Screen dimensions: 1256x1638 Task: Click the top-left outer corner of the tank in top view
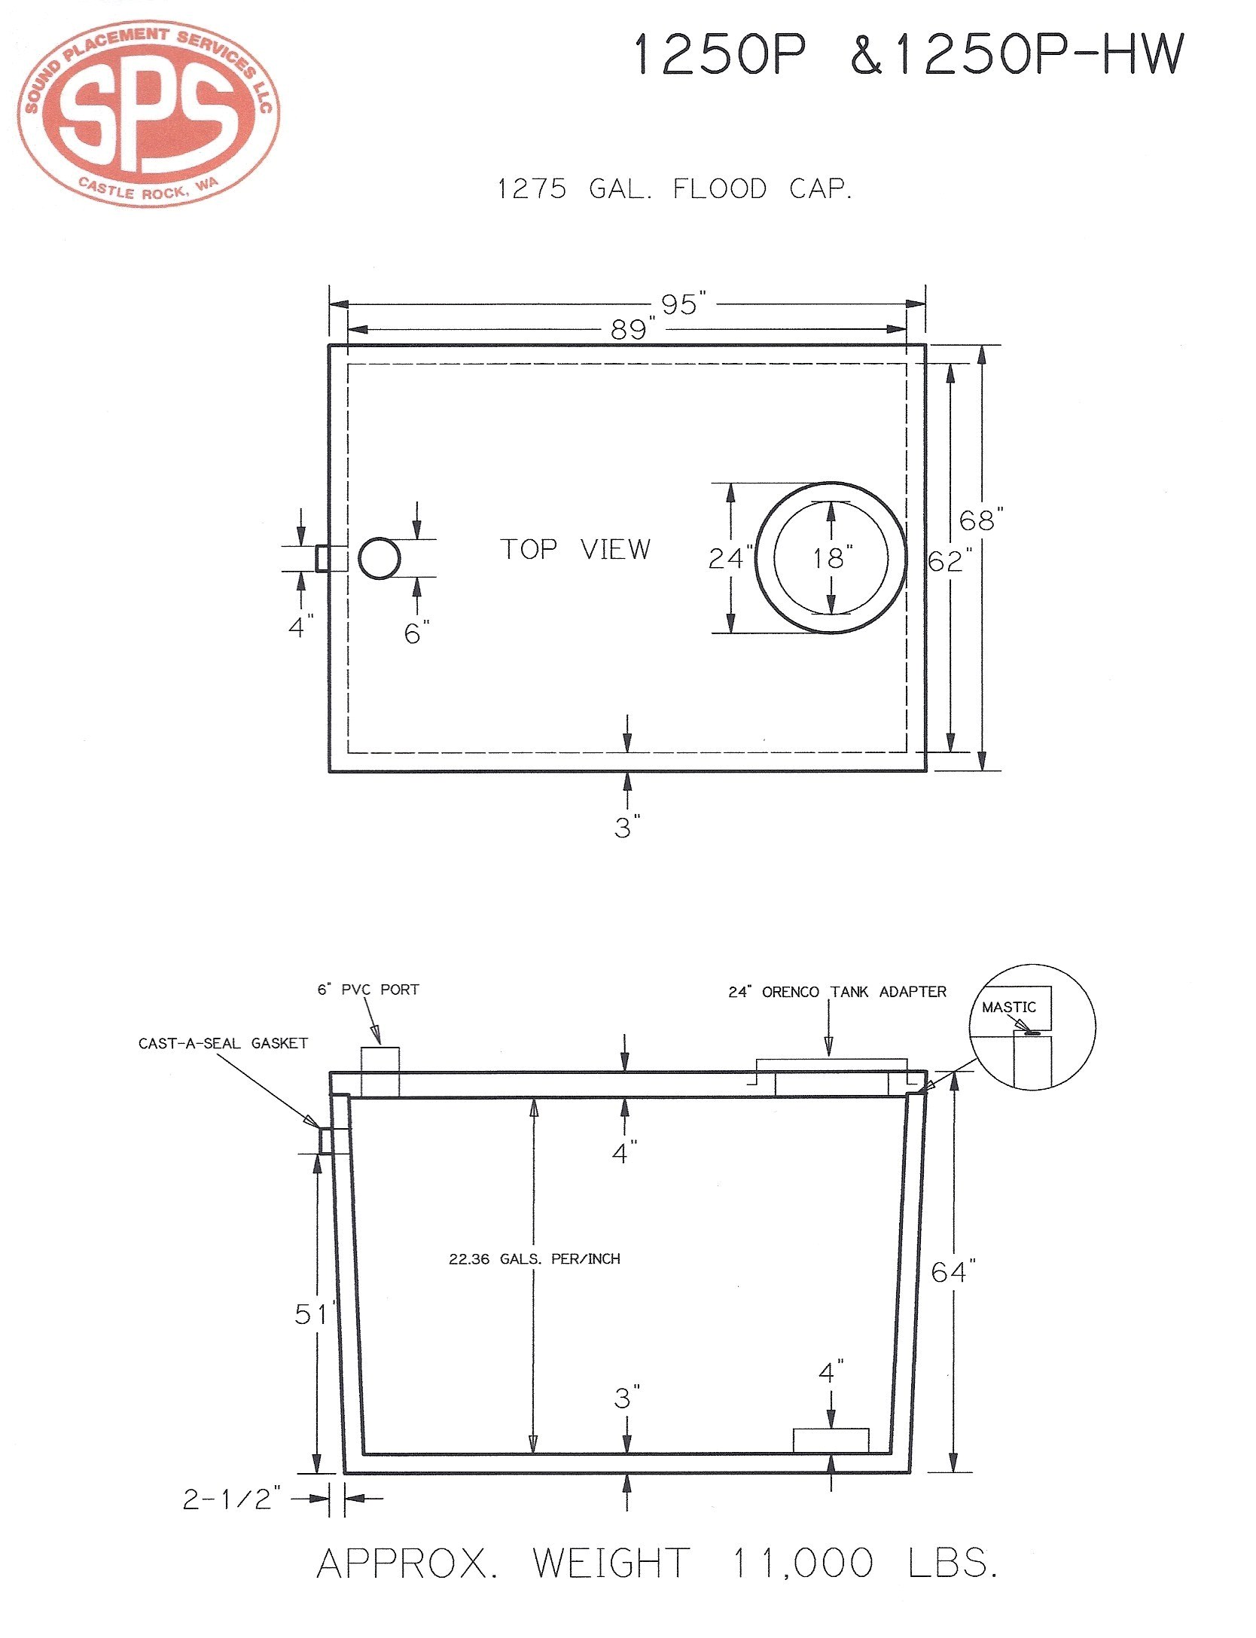tap(329, 345)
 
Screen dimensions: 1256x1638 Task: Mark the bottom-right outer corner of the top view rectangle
tap(925, 771)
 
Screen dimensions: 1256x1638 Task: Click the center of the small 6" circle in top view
tap(380, 558)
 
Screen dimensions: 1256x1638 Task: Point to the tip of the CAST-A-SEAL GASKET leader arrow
tap(319, 1127)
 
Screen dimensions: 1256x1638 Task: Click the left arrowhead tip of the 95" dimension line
tap(330, 304)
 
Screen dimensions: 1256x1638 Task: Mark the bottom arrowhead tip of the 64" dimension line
tap(953, 1472)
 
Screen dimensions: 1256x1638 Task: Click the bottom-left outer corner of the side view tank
tap(345, 1473)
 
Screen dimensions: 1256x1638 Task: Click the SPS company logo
tap(148, 113)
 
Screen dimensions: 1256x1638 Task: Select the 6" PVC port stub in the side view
tap(380, 1072)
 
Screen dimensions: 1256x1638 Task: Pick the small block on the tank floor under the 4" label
tap(831, 1441)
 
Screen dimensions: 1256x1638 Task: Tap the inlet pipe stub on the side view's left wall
tap(334, 1140)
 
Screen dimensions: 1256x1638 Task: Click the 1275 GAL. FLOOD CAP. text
tap(675, 188)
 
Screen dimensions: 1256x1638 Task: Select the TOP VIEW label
tap(575, 549)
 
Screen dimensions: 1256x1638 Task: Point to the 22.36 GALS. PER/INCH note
tap(535, 1258)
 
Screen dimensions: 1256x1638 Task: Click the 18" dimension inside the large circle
tap(832, 558)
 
